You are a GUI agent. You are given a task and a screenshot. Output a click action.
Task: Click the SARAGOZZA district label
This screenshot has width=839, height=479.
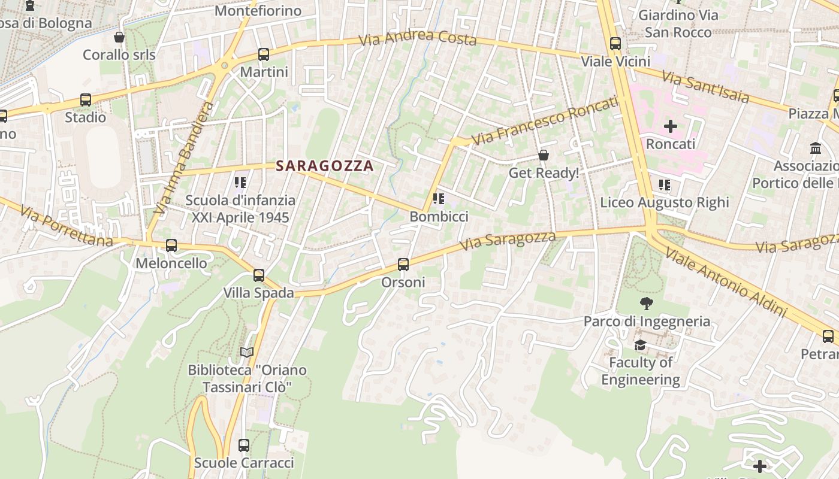click(x=325, y=166)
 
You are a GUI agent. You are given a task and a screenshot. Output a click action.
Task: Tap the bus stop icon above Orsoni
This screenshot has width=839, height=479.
click(x=403, y=264)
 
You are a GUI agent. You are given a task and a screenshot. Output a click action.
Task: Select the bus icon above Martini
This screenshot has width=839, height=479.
click(x=263, y=54)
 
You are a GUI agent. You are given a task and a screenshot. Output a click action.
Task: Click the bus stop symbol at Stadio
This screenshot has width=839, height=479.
click(x=86, y=100)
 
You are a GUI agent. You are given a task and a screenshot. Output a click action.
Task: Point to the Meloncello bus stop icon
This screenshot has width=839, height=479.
click(x=171, y=245)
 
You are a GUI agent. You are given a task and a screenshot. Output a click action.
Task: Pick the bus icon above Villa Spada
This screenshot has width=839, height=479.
click(x=258, y=275)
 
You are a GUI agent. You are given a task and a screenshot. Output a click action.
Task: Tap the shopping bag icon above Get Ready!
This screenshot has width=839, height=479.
click(x=544, y=155)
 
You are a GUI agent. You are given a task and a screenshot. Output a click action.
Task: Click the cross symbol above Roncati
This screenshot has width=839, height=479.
click(x=671, y=126)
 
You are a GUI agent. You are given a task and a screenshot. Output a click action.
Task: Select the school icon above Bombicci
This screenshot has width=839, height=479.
click(x=439, y=199)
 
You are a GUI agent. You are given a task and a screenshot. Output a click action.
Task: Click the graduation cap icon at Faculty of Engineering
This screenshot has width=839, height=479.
click(x=640, y=345)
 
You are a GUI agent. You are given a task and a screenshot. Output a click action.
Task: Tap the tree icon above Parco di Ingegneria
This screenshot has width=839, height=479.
click(x=647, y=304)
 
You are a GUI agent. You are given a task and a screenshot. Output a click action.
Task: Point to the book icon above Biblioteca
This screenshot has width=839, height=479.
click(x=247, y=352)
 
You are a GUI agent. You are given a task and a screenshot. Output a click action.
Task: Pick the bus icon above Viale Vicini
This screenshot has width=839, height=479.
click(x=615, y=44)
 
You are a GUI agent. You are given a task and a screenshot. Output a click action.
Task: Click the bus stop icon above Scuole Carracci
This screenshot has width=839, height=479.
click(x=244, y=445)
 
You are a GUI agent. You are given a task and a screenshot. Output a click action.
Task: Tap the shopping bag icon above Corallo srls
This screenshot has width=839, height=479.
click(x=119, y=37)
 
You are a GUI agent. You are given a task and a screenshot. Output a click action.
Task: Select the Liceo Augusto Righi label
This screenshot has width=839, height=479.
click(x=665, y=202)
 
